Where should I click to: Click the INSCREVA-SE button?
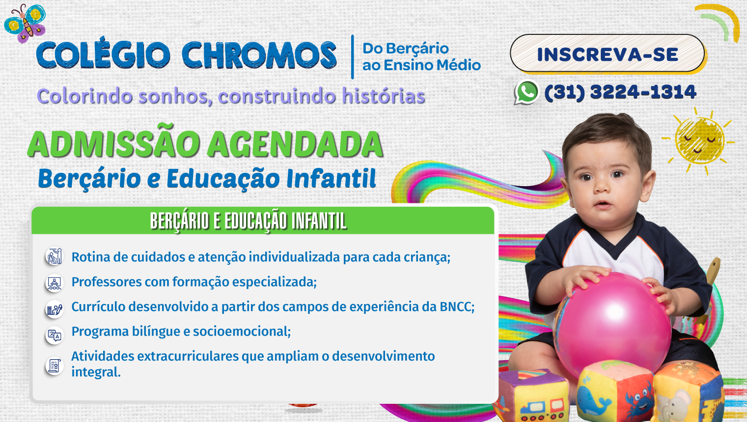coord(608,54)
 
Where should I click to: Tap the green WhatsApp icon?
coord(526,92)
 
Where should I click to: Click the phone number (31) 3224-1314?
coord(620,92)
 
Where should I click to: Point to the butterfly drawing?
coord(25,23)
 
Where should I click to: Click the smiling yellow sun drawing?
coord(699,141)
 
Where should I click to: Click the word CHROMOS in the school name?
coord(259,55)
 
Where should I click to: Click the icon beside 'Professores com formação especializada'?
coord(54,283)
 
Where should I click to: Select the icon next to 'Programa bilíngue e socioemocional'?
coord(54,336)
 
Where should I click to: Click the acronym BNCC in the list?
coord(457,307)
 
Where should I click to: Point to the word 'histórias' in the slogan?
coord(383,96)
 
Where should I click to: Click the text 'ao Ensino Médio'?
coord(421,65)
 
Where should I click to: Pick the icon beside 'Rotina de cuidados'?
coord(54,256)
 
